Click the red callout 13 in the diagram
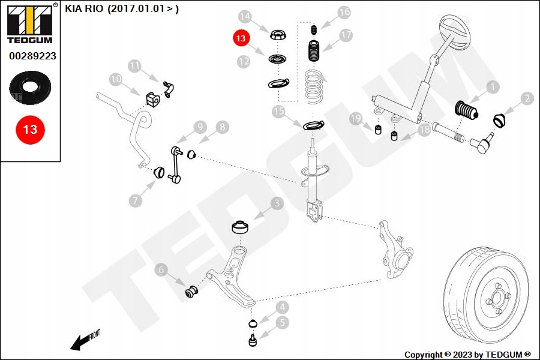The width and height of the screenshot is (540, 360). point(241,38)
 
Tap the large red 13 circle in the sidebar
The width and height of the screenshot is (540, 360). point(30,129)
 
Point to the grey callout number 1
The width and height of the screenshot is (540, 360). point(492,88)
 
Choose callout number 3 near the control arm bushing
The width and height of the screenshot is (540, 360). point(277,204)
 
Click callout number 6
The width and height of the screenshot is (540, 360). point(161,270)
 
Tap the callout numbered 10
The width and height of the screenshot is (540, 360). point(116,79)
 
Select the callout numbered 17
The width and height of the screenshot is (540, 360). point(346,35)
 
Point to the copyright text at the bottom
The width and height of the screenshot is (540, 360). point(467,355)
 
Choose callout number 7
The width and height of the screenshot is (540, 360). point(136,200)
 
